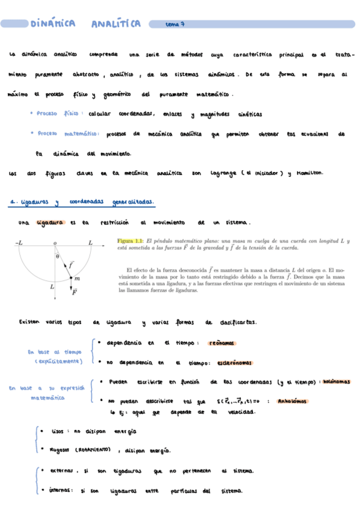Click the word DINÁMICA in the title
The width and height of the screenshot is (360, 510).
coord(53,24)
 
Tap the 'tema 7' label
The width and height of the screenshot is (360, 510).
coord(175,25)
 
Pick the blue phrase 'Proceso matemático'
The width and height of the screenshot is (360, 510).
coord(64,134)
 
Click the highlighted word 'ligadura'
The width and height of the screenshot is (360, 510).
coord(50,222)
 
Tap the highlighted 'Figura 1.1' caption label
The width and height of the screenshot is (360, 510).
coord(130,241)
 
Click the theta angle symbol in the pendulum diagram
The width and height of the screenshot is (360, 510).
coord(57,256)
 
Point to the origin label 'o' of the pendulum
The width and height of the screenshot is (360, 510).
coord(55,242)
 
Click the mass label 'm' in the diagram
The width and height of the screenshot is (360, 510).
coord(77,278)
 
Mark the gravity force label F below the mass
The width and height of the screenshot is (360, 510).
coord(75,293)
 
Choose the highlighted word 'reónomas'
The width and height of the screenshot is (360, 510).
coord(221,343)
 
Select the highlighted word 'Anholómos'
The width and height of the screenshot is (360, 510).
coord(291,401)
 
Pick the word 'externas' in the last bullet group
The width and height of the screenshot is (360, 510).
coord(61,471)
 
